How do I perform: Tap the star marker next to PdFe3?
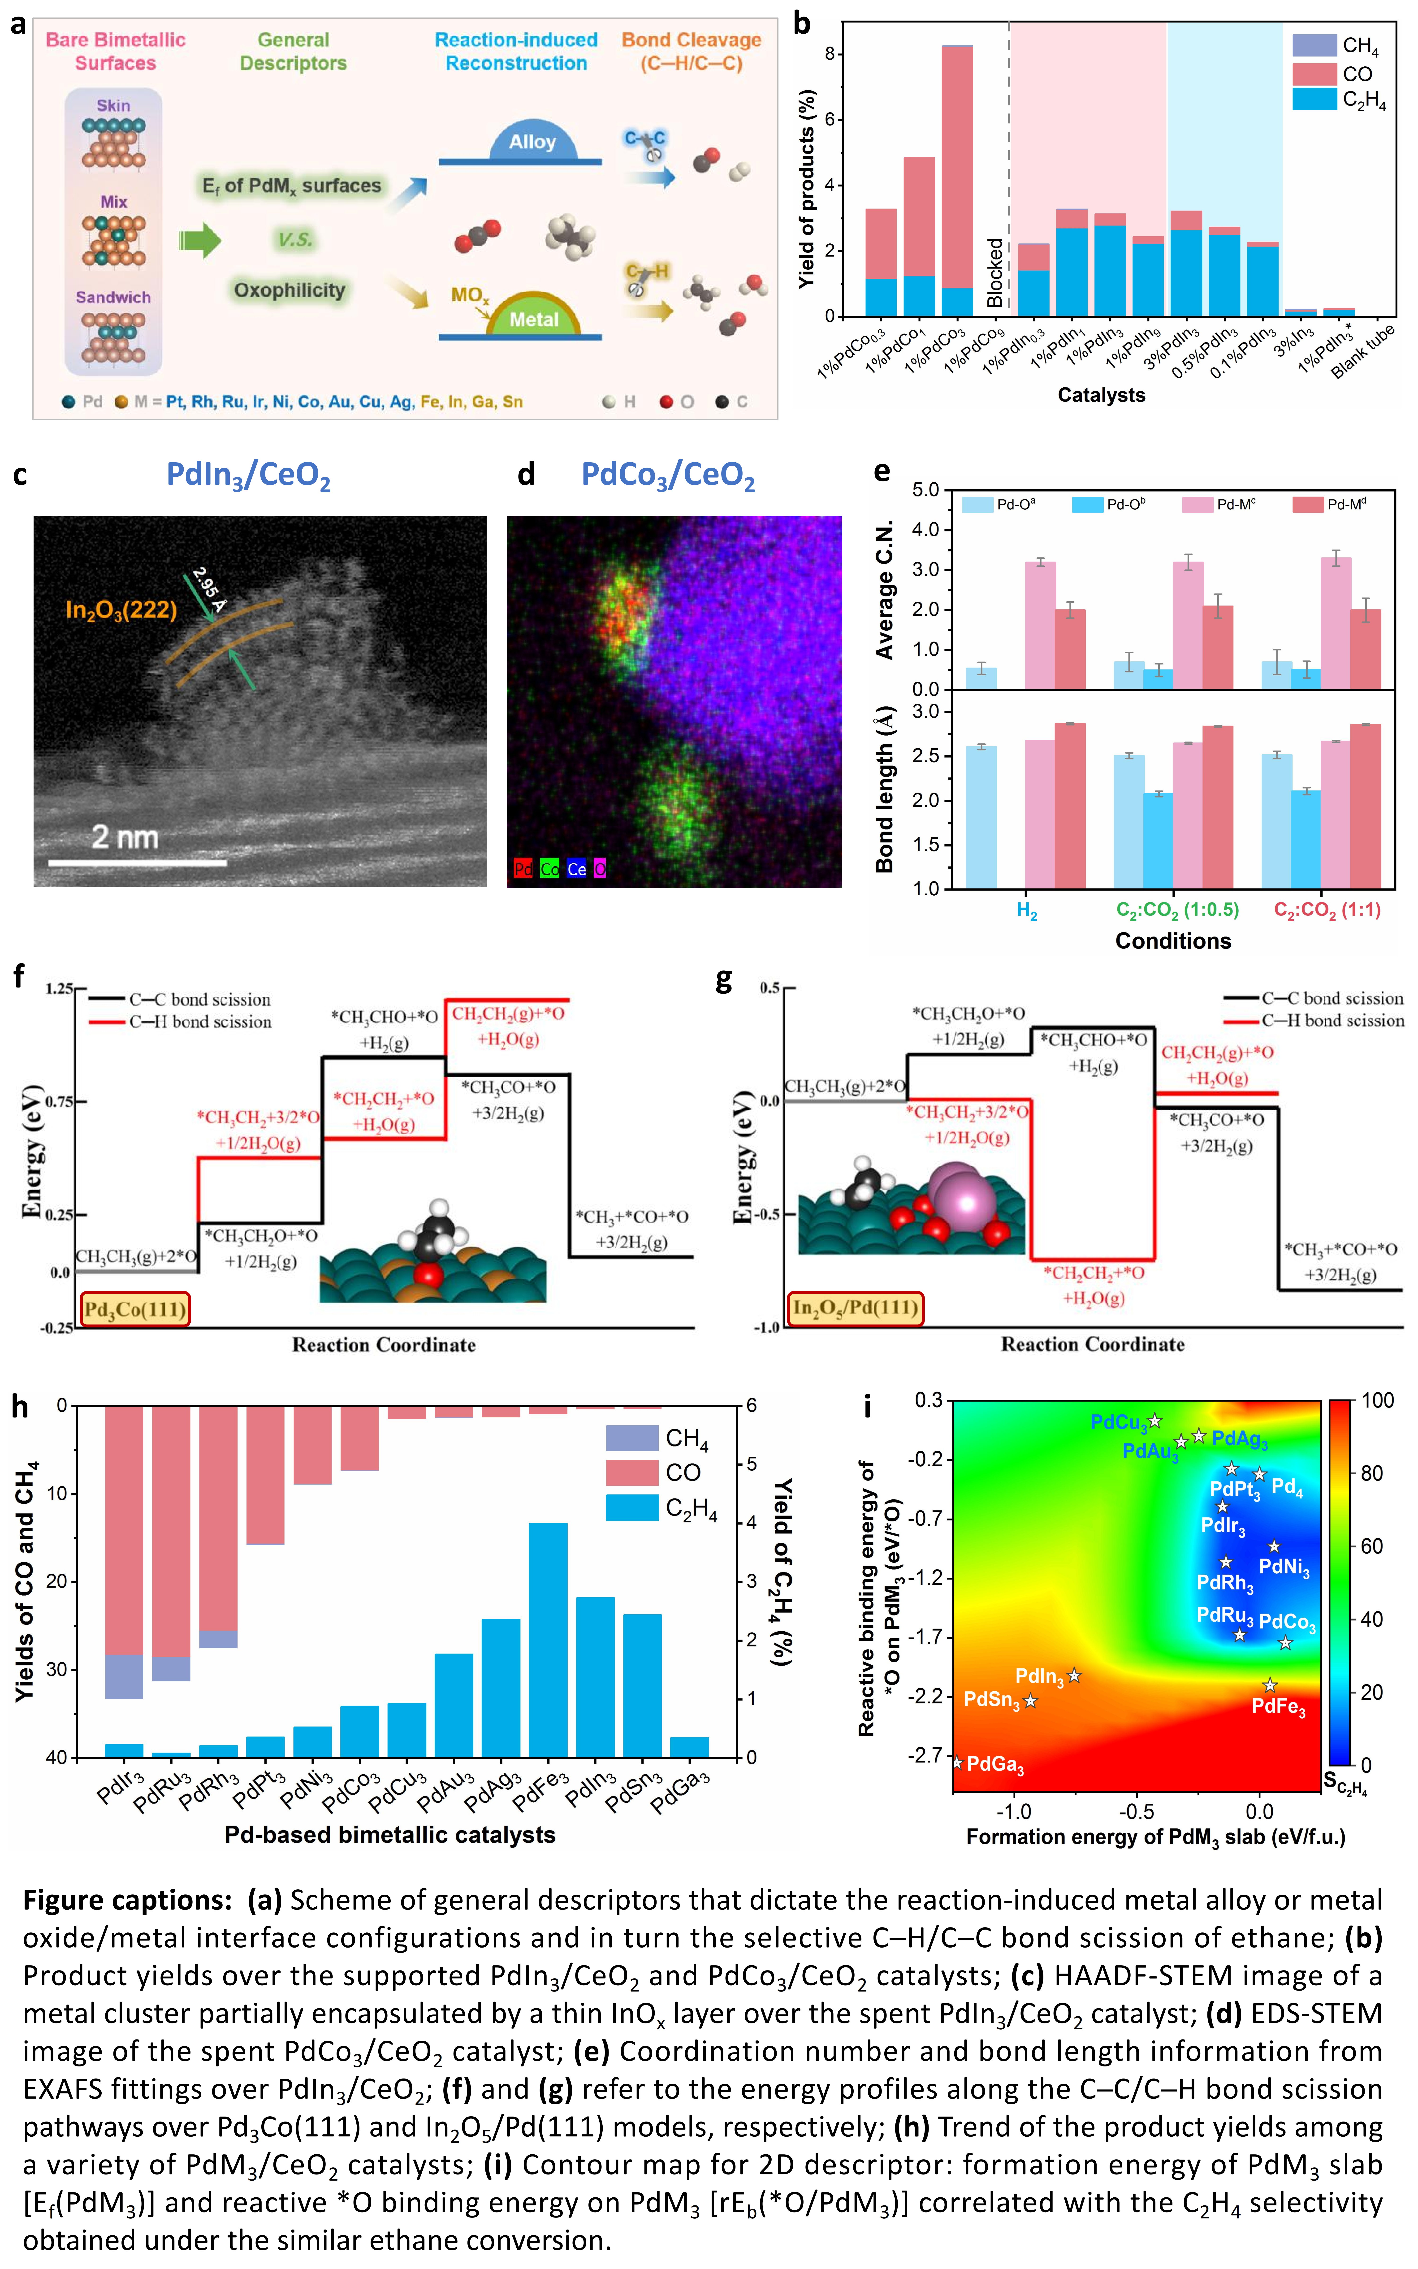pos(1270,1685)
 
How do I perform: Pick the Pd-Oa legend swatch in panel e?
pos(977,504)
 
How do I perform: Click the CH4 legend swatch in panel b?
pos(1314,45)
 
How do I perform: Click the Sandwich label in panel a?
pos(113,297)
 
